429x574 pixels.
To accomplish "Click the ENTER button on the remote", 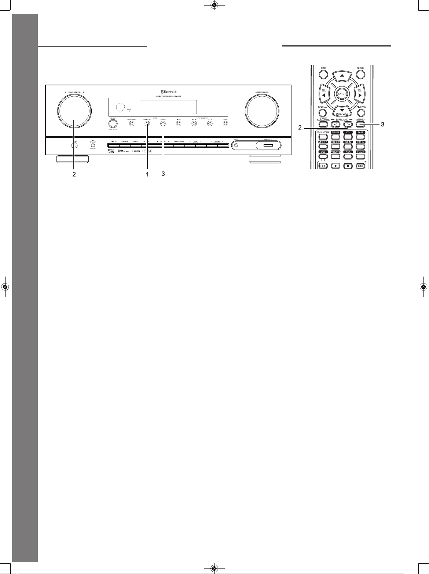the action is click(x=342, y=94).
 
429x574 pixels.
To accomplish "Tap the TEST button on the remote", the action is click(x=323, y=74).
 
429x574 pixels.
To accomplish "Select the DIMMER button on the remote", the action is click(x=361, y=113).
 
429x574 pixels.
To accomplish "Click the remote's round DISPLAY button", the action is click(x=322, y=113).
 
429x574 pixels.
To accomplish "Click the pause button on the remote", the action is click(x=348, y=166).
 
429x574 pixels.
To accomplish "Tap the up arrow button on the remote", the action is click(x=342, y=75).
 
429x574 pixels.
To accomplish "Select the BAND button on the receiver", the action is click(x=225, y=124).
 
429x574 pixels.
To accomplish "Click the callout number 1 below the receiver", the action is click(x=147, y=174).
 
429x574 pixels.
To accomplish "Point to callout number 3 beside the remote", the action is click(x=382, y=125).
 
